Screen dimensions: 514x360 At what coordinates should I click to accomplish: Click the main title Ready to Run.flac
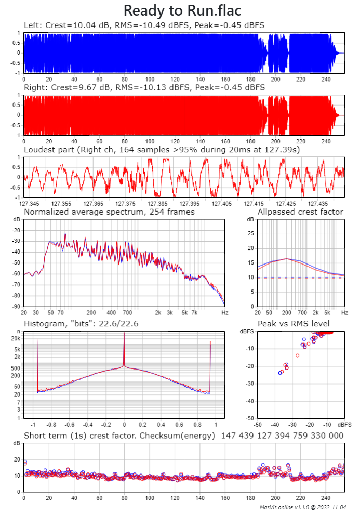[x=182, y=11]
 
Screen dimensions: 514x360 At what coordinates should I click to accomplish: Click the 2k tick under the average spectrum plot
[x=158, y=313]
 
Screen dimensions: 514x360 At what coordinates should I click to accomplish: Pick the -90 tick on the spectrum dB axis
[x=17, y=307]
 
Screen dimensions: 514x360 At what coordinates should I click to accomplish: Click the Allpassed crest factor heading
[x=300, y=212]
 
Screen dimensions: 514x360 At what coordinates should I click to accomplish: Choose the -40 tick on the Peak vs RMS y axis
[x=249, y=401]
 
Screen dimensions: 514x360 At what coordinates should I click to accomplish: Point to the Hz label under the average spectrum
[x=224, y=313]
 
